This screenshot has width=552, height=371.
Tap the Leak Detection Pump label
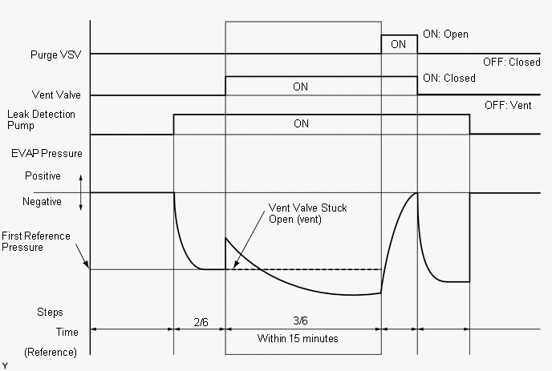point(42,120)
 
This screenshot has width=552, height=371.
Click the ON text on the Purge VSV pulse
point(398,45)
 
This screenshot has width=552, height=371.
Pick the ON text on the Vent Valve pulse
point(300,87)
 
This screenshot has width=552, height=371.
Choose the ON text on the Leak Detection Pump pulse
point(301,124)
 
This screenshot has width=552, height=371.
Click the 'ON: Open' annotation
point(445,35)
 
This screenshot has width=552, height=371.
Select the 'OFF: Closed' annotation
point(511,62)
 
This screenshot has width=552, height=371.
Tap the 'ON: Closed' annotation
point(448,79)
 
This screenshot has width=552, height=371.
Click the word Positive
point(43,175)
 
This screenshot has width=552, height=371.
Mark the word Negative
point(43,202)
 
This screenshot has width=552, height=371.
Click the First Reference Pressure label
point(35,241)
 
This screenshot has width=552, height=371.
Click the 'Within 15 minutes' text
point(298,338)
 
